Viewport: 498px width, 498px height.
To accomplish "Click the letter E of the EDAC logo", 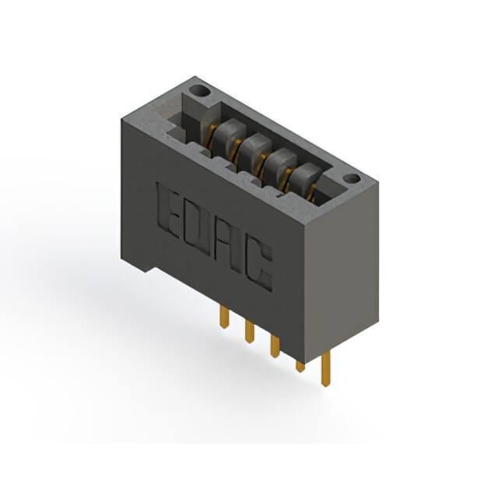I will [x=168, y=209].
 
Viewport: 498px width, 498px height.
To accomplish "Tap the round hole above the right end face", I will [x=352, y=179].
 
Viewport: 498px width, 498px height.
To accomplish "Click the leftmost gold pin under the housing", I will [x=224, y=316].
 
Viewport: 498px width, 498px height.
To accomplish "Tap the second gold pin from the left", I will [x=249, y=330].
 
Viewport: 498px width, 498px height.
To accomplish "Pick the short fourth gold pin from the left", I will [x=300, y=364].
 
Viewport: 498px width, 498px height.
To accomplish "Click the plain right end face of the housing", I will [x=342, y=265].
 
